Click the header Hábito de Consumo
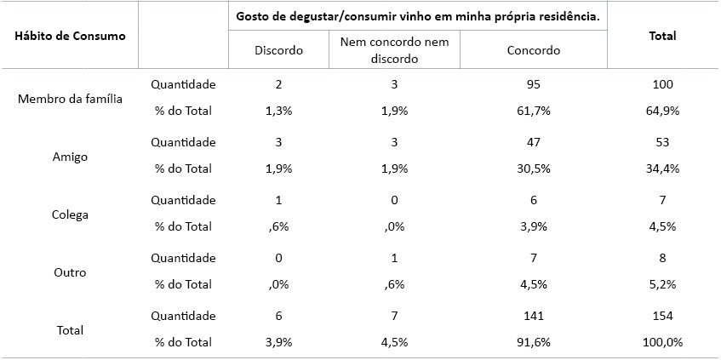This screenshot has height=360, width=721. point(70,37)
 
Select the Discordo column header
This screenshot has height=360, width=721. point(278,50)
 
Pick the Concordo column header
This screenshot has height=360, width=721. point(534,50)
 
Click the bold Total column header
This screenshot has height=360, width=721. point(662,37)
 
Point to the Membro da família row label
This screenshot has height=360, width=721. point(70,99)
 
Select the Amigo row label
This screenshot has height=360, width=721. point(70,157)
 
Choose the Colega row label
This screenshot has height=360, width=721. point(70,214)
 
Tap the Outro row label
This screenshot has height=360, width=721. point(70,272)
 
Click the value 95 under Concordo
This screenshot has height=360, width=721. point(534,84)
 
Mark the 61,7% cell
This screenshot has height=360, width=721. point(534,111)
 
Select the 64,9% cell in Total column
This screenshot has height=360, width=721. point(662,111)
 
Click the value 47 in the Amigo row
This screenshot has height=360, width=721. point(534,142)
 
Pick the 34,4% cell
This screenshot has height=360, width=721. point(662,169)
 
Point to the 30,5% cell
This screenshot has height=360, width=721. point(534,169)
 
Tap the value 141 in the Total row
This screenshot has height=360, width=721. point(534,316)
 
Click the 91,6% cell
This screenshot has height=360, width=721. point(534,342)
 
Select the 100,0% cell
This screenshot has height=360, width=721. point(662,342)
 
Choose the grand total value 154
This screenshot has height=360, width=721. point(662,316)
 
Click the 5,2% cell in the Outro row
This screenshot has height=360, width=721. point(662,284)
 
